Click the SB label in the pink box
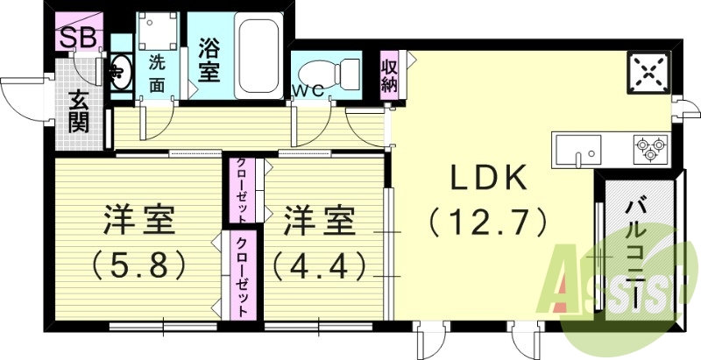tap(78, 37)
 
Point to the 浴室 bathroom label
tap(209, 59)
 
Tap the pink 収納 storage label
tap(390, 75)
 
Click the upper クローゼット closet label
tap(239, 192)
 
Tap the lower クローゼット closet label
tap(239, 277)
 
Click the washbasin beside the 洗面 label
tap(119, 72)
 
